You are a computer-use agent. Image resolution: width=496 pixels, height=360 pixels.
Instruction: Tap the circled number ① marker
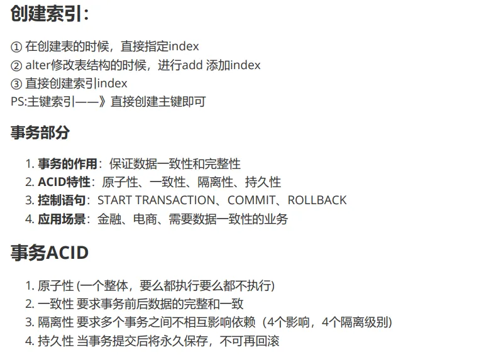16,46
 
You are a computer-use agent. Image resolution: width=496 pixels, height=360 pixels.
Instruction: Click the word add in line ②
193,65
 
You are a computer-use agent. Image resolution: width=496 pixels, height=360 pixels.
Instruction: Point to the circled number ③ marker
16,84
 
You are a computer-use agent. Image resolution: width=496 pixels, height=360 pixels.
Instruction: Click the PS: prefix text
19,102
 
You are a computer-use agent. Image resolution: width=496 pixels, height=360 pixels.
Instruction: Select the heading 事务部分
40,133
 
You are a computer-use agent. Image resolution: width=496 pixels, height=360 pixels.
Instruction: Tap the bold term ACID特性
64,182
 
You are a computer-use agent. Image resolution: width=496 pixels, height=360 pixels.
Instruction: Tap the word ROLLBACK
317,200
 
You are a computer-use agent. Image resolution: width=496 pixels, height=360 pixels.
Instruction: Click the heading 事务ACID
50,253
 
